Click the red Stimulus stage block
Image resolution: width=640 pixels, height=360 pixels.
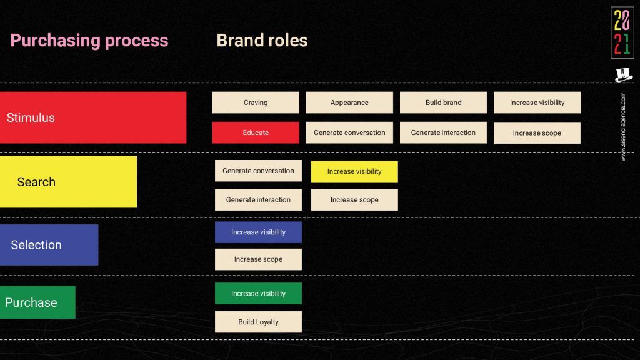93,117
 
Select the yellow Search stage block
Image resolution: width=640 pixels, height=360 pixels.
68,182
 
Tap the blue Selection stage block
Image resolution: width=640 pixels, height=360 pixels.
49,245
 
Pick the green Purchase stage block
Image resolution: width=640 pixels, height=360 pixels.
37,302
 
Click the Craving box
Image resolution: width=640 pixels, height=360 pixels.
256,102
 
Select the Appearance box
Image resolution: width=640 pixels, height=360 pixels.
349,102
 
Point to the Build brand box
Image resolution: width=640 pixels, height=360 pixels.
443,102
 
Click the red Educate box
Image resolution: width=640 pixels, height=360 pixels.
256,132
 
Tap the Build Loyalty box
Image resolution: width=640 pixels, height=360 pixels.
258,322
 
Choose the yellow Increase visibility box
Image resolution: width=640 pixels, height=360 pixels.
354,171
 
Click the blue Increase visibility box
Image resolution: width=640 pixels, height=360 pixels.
258,232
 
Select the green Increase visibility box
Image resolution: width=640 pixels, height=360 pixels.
258,294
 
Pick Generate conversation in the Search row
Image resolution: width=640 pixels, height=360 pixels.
258,171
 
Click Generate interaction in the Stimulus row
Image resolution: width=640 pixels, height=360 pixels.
443,132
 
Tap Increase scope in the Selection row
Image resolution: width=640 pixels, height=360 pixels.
258,259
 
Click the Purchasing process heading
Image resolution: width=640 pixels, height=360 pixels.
89,41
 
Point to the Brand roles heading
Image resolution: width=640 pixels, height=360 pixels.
262,41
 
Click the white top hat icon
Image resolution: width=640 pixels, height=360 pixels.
624,75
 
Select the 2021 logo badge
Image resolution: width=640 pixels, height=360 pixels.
622,32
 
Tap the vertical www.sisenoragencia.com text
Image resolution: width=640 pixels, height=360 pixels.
623,126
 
